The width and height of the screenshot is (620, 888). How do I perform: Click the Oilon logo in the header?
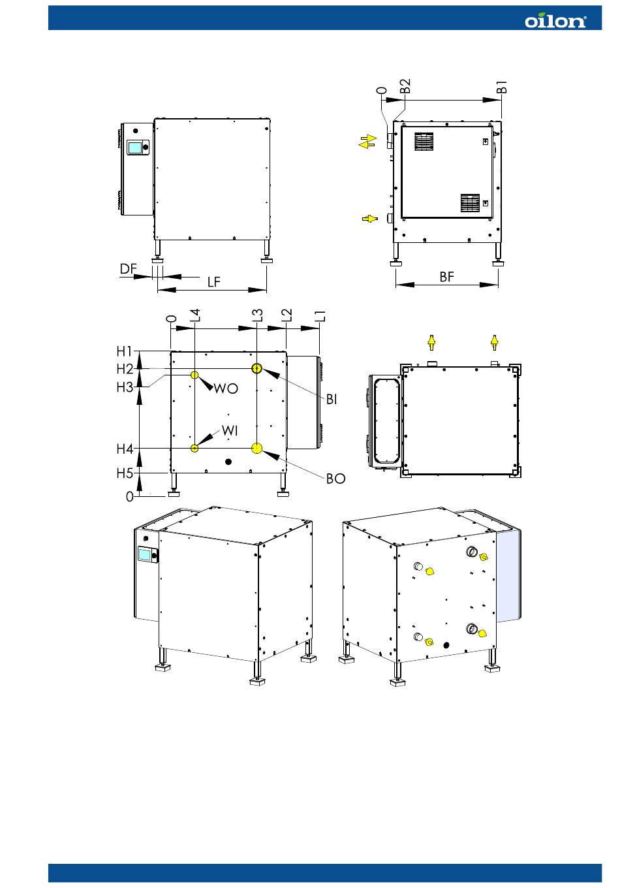pyautogui.click(x=555, y=21)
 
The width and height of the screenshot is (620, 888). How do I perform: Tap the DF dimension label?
pyautogui.click(x=129, y=269)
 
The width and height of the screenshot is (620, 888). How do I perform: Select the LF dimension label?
pyautogui.click(x=214, y=282)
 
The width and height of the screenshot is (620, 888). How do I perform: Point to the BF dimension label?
pyautogui.click(x=447, y=277)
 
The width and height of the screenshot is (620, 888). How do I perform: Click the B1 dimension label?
pyautogui.click(x=501, y=87)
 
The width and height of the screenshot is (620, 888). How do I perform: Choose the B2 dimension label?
pyautogui.click(x=405, y=86)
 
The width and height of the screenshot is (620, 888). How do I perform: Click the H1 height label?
pyautogui.click(x=125, y=351)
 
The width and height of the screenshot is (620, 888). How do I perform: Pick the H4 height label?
pyautogui.click(x=125, y=449)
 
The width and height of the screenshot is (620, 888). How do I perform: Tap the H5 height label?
pyautogui.click(x=125, y=473)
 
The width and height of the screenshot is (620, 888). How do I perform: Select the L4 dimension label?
pyautogui.click(x=195, y=315)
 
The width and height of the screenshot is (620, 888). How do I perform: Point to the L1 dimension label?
pyautogui.click(x=320, y=316)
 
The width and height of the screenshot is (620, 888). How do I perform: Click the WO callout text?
pyautogui.click(x=226, y=388)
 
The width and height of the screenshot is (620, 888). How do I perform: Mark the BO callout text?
pyautogui.click(x=336, y=479)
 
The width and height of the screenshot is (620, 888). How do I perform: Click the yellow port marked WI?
pyautogui.click(x=194, y=449)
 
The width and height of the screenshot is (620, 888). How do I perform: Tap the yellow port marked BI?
pyautogui.click(x=256, y=369)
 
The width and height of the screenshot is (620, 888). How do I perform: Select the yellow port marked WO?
pyautogui.click(x=194, y=375)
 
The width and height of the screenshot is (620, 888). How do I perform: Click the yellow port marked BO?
pyautogui.click(x=256, y=449)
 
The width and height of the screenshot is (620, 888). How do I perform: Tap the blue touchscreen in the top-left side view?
pyautogui.click(x=135, y=148)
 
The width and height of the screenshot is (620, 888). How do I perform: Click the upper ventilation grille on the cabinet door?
pyautogui.click(x=424, y=142)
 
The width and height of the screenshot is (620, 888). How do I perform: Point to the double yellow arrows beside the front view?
pyautogui.click(x=367, y=142)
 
